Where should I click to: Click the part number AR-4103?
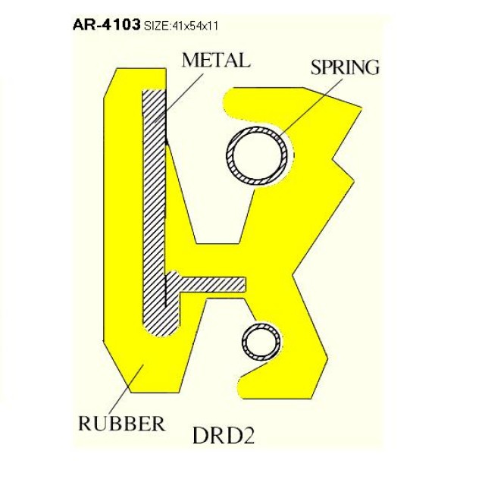coord(106,24)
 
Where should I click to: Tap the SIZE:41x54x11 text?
coord(181,26)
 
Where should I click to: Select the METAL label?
coord(216,61)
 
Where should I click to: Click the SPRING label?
coord(345,67)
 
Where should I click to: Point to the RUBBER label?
coord(121,424)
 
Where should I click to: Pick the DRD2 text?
coord(224,436)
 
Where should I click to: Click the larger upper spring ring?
coord(257,155)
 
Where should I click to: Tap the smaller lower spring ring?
coord(262,342)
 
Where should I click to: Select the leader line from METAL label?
coord(179,98)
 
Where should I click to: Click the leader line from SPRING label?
coord(311,107)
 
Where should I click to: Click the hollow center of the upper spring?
coord(257,155)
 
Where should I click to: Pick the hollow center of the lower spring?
coord(262,342)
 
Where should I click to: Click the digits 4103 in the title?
coord(121,24)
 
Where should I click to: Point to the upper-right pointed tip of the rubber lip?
coord(361,108)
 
